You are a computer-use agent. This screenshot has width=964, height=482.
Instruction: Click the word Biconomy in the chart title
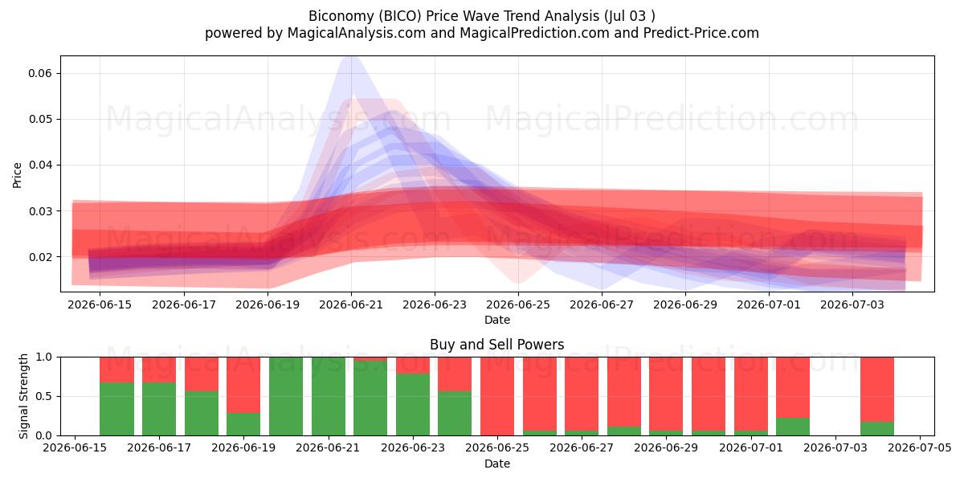(341, 16)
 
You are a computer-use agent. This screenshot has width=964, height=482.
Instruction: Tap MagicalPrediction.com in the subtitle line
(534, 33)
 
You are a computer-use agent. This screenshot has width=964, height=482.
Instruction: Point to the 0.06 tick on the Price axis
(39, 73)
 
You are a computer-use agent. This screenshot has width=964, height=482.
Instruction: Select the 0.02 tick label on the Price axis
(39, 257)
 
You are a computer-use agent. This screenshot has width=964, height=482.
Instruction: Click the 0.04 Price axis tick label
(39, 165)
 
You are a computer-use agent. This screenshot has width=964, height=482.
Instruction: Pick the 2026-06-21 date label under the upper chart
(351, 304)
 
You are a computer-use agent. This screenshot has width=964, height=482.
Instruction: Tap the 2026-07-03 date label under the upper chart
(852, 304)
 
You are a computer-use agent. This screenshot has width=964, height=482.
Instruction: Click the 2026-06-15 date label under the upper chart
(100, 304)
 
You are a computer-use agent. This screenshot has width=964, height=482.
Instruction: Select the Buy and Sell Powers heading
(497, 345)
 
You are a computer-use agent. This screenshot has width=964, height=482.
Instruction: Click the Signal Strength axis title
(23, 396)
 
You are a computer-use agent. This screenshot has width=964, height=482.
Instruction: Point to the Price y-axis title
(17, 175)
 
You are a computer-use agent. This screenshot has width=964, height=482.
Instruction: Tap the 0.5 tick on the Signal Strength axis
(43, 396)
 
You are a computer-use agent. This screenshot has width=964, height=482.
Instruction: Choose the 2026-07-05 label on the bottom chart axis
(920, 448)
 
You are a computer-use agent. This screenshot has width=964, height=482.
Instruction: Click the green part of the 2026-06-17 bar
(159, 409)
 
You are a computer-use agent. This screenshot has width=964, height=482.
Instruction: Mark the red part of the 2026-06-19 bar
(243, 385)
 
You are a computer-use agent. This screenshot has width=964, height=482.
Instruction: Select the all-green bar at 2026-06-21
(329, 396)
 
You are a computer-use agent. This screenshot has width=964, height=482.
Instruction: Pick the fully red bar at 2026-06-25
(497, 396)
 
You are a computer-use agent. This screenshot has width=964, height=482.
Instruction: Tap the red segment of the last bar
(877, 390)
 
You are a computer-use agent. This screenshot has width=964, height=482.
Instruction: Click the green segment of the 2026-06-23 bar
(413, 405)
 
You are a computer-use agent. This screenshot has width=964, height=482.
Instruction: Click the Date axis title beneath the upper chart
(497, 320)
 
